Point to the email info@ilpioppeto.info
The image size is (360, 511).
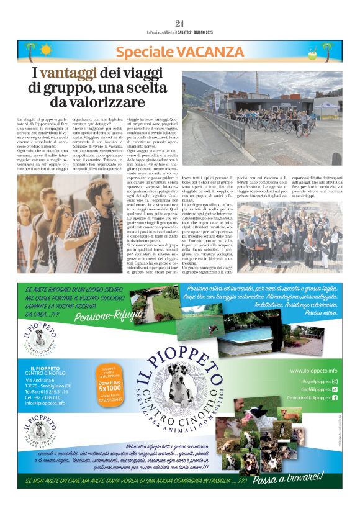(45, 402)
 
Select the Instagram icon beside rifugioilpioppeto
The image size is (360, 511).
(335, 381)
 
